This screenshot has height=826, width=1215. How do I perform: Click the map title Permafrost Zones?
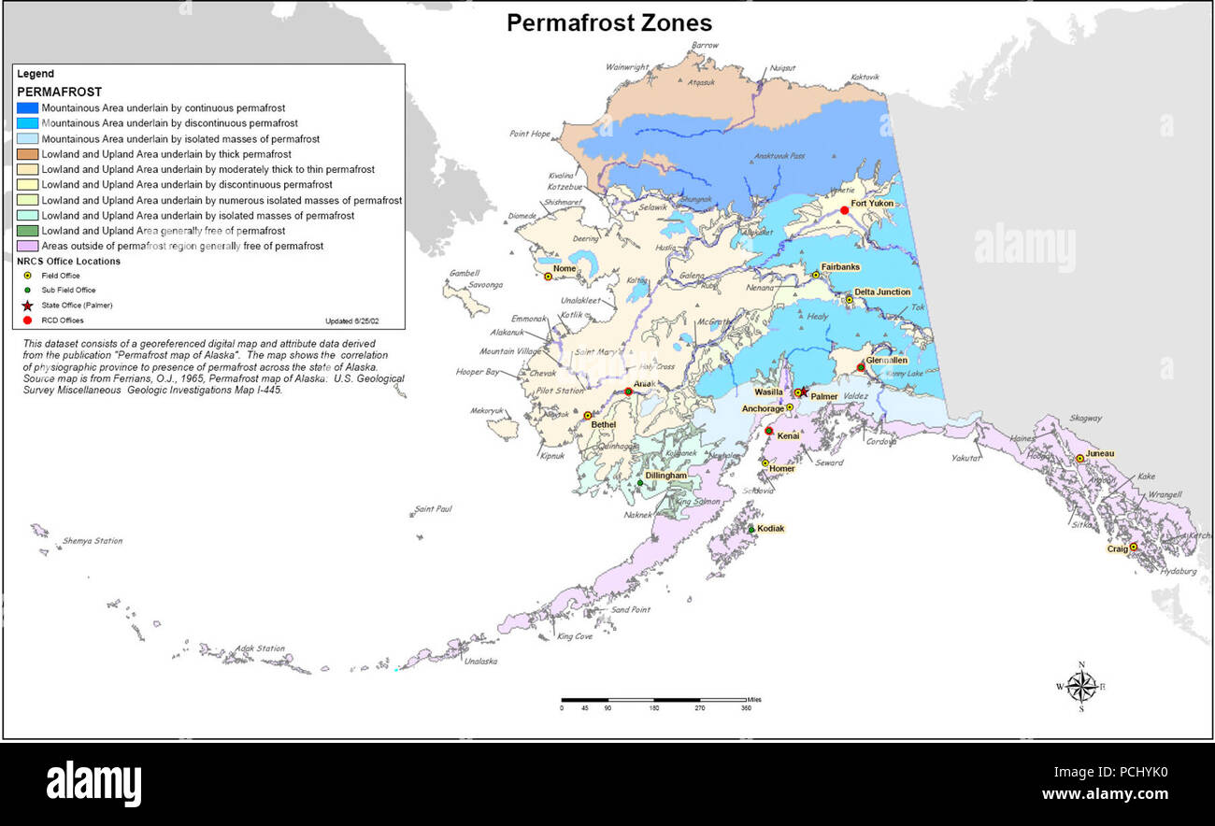608,23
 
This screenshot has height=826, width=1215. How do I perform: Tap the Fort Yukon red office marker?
844,210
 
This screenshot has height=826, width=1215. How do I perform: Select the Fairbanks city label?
840,267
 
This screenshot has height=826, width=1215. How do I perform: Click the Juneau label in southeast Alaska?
1099,454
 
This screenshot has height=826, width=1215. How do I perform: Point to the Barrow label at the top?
705,45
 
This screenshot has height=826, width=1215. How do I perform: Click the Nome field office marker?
549,277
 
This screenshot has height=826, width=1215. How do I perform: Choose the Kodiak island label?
770,529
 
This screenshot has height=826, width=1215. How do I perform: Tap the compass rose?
1081,687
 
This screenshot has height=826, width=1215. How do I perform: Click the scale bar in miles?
654,700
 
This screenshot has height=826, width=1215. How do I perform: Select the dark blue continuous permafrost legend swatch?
28,107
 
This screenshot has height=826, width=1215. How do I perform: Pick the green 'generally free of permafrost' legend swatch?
28,231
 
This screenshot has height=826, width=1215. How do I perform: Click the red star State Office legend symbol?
27,306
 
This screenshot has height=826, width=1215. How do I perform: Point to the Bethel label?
604,424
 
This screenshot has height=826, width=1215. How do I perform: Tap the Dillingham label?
665,476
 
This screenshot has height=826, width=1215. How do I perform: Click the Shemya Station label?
92,541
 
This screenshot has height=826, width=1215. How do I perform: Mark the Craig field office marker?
1134,548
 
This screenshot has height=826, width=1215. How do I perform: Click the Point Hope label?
530,134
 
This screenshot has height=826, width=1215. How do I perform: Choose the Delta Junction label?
881,292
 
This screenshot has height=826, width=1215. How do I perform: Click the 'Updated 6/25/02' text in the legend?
351,320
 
